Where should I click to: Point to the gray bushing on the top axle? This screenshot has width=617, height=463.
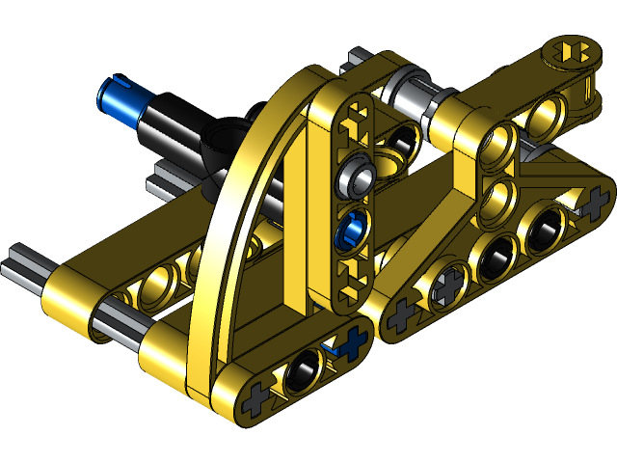coord(403,96)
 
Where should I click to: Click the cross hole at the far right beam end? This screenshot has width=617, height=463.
coord(591,204)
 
